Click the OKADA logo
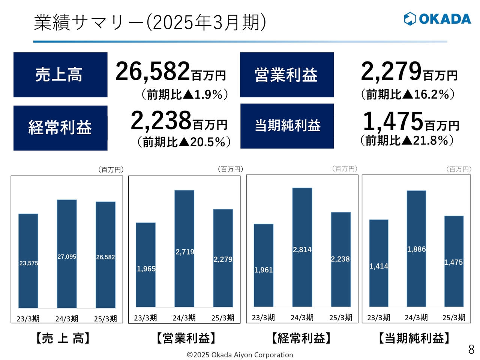(437, 19)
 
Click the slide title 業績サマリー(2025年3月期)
(150, 22)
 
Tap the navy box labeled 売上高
(60, 75)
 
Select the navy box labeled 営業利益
(286, 75)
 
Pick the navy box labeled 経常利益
(60, 128)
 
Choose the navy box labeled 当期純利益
(287, 126)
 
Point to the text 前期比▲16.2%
(408, 94)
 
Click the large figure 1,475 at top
(393, 121)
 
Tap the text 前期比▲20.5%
(184, 142)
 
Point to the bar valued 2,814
(302, 247)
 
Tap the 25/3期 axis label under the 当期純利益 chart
(454, 318)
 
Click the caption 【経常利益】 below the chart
(301, 338)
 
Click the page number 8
(471, 349)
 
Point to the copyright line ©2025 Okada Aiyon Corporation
(240, 355)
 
